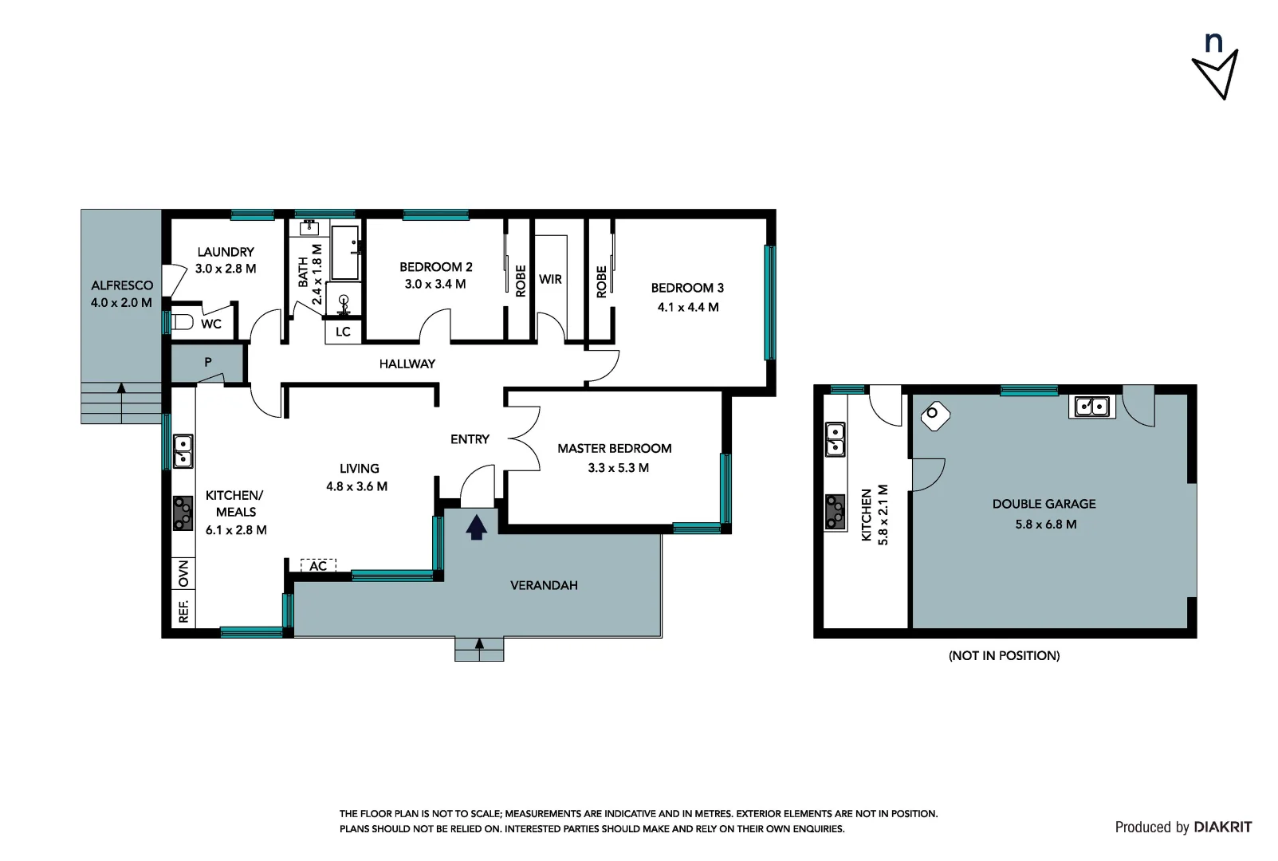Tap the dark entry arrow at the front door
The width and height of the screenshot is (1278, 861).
click(x=476, y=527)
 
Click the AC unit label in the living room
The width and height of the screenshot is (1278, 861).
click(x=318, y=565)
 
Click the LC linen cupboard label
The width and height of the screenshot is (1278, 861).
click(x=343, y=332)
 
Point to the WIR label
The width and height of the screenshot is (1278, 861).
click(x=550, y=279)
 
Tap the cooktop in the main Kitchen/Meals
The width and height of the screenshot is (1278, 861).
click(x=183, y=513)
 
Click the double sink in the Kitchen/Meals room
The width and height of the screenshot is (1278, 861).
click(x=183, y=450)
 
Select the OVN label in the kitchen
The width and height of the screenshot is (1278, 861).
click(x=183, y=572)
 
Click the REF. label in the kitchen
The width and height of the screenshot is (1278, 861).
click(x=183, y=611)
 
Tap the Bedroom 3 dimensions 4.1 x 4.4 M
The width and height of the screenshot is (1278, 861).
click(x=687, y=307)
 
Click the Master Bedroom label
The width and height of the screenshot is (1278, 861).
click(x=614, y=448)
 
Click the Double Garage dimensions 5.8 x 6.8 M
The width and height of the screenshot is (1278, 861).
click(x=1045, y=525)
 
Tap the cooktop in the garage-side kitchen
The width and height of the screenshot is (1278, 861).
click(x=835, y=512)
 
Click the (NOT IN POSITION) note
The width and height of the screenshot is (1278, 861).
click(x=1004, y=655)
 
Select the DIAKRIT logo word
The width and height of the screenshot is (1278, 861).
click(x=1223, y=827)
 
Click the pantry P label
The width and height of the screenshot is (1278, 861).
click(x=208, y=362)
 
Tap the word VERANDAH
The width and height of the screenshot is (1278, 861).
click(x=544, y=585)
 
